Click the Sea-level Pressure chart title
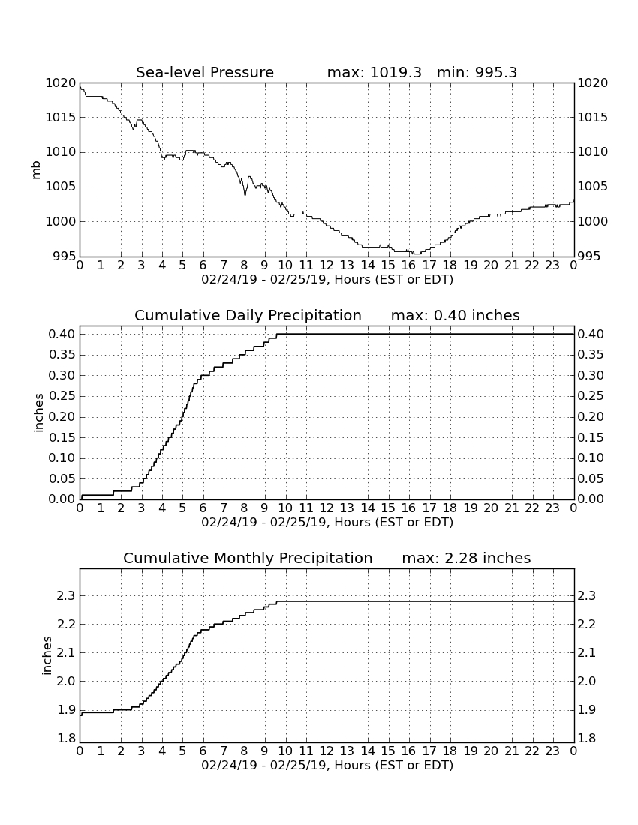[x=205, y=72]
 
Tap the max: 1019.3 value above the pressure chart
[x=375, y=72]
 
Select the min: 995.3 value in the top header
[x=477, y=72]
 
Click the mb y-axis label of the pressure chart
[x=36, y=170]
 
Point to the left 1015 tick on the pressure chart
[x=61, y=117]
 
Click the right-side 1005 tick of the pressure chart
[x=593, y=187]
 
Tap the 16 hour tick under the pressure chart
[x=408, y=265]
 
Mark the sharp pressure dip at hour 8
[x=245, y=195]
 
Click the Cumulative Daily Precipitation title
[x=248, y=315]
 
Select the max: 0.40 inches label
[x=456, y=315]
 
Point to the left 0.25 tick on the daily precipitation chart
[x=62, y=396]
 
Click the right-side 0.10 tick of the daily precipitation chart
[x=591, y=458]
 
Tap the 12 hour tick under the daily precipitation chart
[x=327, y=508]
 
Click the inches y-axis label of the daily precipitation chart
[x=38, y=413]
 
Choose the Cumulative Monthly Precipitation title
[x=248, y=558]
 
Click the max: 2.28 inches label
[x=466, y=558]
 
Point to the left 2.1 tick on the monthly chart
[x=68, y=653]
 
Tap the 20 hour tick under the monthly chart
[x=491, y=751]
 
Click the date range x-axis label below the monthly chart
[x=327, y=765]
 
